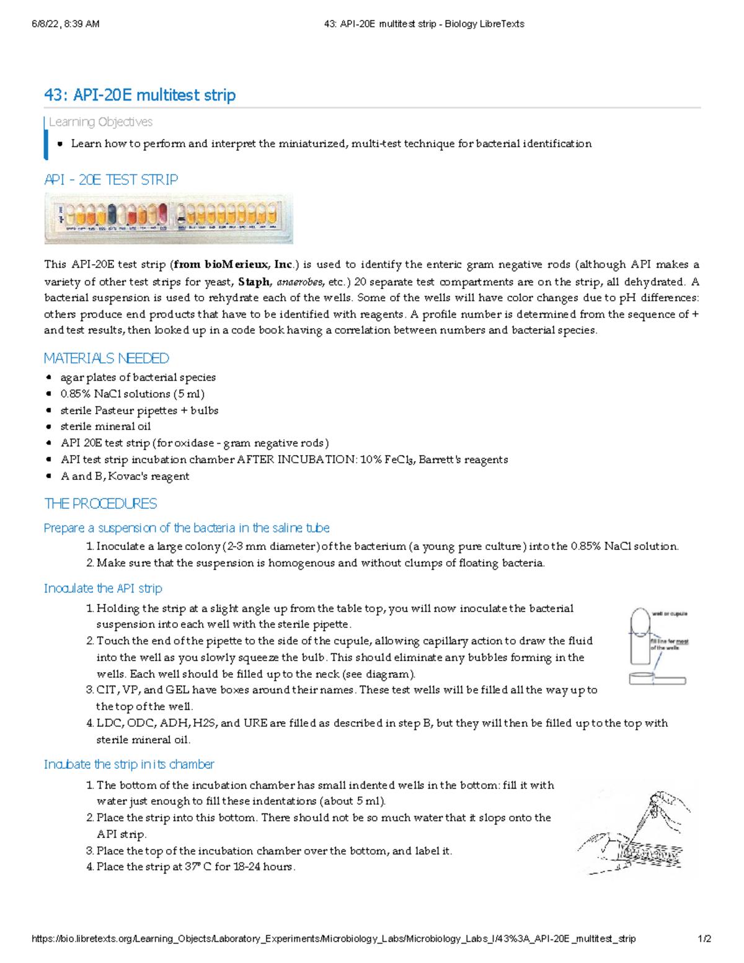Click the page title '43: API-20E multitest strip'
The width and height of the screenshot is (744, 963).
tap(139, 95)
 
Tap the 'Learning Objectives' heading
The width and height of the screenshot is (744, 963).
tap(100, 122)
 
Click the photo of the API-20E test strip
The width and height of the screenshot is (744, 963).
tap(168, 218)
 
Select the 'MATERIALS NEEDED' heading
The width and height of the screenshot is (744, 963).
tap(106, 358)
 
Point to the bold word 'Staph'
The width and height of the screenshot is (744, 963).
tap(254, 282)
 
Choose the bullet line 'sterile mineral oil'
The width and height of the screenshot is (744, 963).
tap(105, 427)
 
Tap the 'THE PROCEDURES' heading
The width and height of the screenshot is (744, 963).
tap(100, 504)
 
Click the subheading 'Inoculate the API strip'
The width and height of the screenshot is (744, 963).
tap(103, 588)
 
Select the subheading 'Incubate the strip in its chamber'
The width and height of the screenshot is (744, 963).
tap(129, 765)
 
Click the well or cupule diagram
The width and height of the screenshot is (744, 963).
tap(657, 645)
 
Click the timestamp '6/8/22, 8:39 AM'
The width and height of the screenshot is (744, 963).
tap(66, 24)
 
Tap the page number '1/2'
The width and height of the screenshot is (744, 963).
tap(704, 939)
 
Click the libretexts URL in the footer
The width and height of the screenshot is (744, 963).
tap(334, 939)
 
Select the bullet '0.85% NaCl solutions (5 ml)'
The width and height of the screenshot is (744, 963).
tap(132, 394)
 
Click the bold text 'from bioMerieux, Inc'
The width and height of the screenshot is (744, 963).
tap(233, 265)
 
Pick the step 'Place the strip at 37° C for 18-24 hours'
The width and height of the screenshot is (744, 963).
tap(195, 867)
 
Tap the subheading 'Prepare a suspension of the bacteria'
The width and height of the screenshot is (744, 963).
tap(186, 528)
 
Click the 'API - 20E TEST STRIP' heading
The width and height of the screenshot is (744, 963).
tap(111, 180)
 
